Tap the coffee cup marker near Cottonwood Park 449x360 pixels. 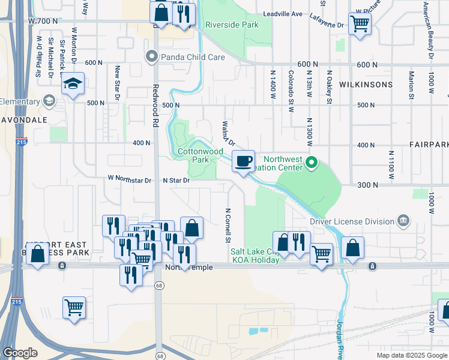[x=243, y=161]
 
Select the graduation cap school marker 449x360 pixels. [x=73, y=84]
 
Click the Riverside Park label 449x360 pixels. [x=232, y=25]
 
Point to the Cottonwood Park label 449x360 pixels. [x=200, y=156]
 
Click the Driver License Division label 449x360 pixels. [x=352, y=221]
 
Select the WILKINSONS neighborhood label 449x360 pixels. [x=366, y=85]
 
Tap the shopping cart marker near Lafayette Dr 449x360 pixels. [x=360, y=25]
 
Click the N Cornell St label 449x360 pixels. [x=228, y=226]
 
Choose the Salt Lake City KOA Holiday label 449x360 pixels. [x=255, y=256]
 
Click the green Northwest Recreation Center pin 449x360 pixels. [x=312, y=163]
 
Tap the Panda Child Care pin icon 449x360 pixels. [x=151, y=58]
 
